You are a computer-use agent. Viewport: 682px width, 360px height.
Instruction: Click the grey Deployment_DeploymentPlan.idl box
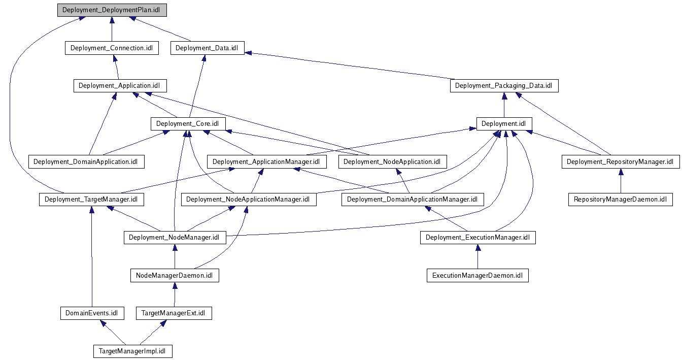pyautogui.click(x=112, y=10)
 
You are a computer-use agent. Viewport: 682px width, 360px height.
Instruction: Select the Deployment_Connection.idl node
pyautogui.click(x=112, y=48)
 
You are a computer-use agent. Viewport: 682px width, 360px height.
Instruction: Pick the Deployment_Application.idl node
pyautogui.click(x=120, y=86)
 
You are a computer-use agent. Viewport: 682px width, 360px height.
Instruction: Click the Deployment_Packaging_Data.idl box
pyautogui.click(x=504, y=86)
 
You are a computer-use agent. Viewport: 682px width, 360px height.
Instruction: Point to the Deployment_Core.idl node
pyautogui.click(x=187, y=124)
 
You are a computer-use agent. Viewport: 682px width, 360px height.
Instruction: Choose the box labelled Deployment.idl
pyautogui.click(x=504, y=124)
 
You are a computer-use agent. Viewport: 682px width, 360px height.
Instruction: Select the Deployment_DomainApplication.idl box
pyautogui.click(x=86, y=162)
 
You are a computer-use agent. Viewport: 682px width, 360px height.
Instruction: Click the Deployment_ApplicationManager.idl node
pyautogui.click(x=266, y=162)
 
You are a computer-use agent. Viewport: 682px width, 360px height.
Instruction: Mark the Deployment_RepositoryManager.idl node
pyautogui.click(x=620, y=162)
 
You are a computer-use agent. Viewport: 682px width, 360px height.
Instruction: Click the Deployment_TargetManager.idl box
pyautogui.click(x=91, y=200)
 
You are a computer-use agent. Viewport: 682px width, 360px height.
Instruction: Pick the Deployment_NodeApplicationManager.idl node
pyautogui.click(x=248, y=200)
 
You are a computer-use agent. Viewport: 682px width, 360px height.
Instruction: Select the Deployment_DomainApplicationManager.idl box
pyautogui.click(x=413, y=200)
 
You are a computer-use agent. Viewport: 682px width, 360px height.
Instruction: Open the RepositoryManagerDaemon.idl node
pyautogui.click(x=620, y=200)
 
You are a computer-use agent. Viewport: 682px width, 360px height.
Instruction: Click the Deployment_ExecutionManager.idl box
pyautogui.click(x=478, y=238)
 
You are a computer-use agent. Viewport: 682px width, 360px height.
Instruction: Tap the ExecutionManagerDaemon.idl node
pyautogui.click(x=478, y=276)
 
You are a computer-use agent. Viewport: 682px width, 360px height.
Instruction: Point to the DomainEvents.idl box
pyautogui.click(x=92, y=313)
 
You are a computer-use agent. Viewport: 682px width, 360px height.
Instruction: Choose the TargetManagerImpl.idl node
pyautogui.click(x=133, y=351)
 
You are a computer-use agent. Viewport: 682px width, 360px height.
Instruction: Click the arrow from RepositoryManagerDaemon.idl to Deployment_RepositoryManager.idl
pyautogui.click(x=620, y=181)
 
